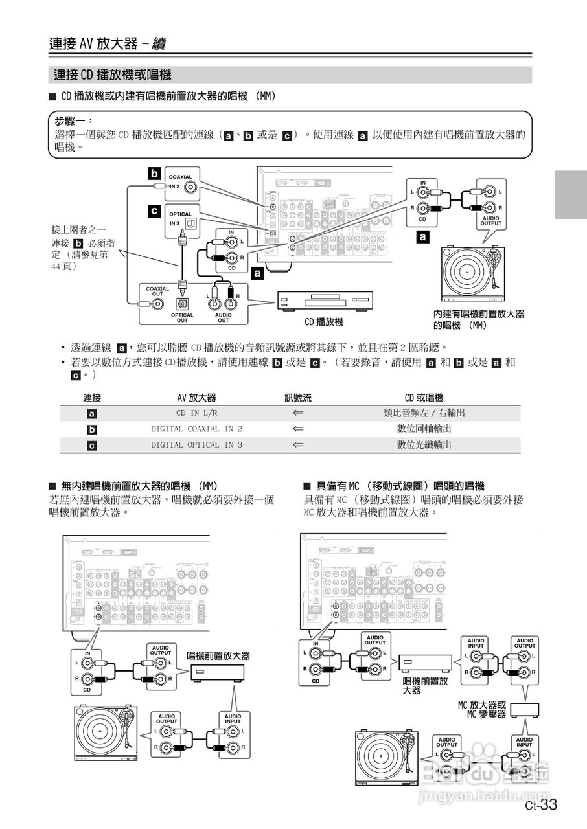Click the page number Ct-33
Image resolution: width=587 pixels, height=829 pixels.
(541, 805)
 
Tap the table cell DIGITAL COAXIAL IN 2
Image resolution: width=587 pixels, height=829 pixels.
(196, 429)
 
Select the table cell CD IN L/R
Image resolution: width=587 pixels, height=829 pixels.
(196, 413)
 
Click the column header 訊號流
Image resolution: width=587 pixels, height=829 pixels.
(298, 397)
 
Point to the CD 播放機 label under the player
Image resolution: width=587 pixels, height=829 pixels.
(324, 321)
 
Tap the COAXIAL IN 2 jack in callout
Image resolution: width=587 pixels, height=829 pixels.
(190, 188)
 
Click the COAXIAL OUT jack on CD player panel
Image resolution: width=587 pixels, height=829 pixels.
(156, 303)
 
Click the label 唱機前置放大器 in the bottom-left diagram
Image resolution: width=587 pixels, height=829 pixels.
(218, 656)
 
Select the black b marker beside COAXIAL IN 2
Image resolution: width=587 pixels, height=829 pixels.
(154, 174)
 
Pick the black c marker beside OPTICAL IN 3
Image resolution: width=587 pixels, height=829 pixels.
(154, 210)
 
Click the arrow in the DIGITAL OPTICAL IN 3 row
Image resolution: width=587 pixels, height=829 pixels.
(298, 445)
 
